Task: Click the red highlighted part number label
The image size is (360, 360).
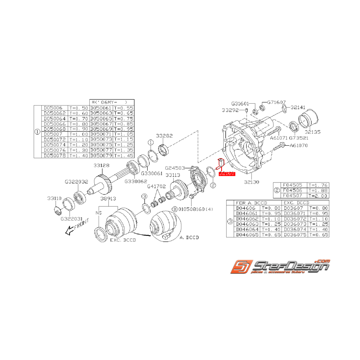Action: [227, 174]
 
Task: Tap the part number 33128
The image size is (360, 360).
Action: [101, 165]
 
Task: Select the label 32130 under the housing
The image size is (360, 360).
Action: [252, 181]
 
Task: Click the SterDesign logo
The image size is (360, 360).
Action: [280, 267]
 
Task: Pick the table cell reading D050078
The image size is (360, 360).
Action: [54, 155]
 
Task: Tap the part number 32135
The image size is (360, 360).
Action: [312, 132]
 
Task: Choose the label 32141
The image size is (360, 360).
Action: [298, 107]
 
